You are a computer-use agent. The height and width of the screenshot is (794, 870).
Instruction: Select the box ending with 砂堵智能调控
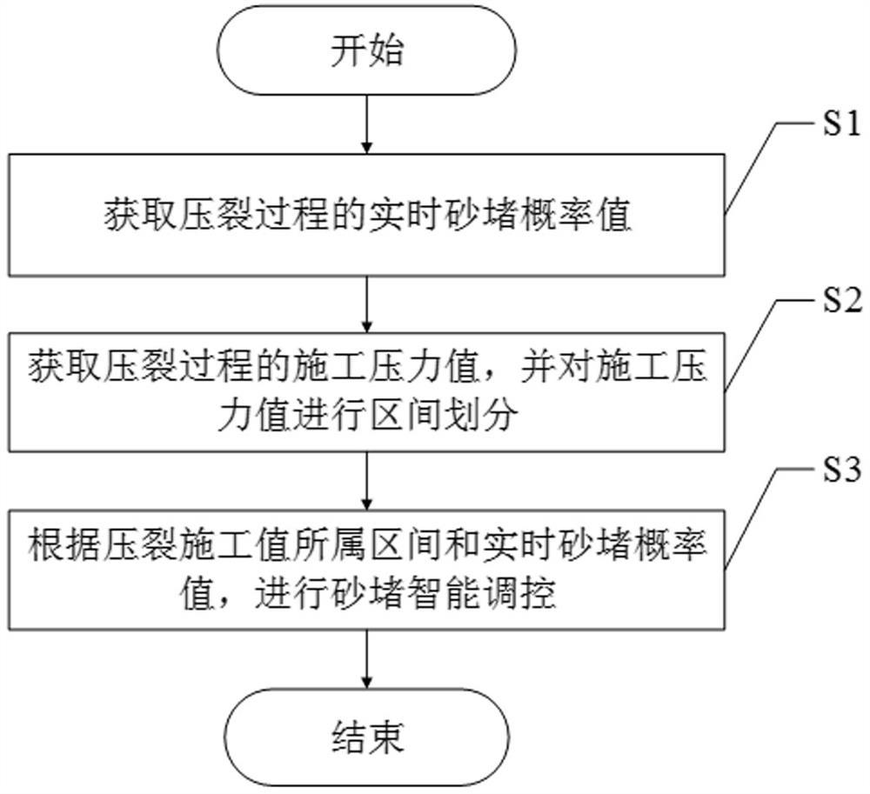point(366,570)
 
